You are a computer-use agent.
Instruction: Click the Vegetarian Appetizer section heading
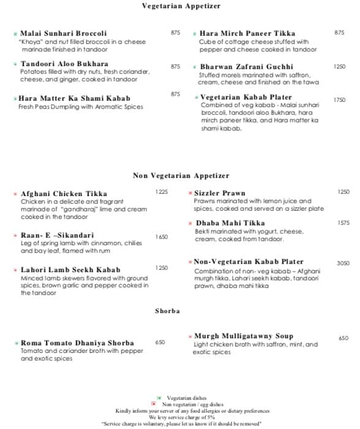181,6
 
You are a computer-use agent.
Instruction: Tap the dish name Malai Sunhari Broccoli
64,33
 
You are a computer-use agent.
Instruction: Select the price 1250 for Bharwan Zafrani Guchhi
339,66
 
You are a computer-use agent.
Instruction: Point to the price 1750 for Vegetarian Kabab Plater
339,99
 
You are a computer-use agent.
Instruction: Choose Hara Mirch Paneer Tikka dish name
239,33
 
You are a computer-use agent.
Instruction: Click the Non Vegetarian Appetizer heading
181,176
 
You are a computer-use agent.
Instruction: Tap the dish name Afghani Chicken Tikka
64,194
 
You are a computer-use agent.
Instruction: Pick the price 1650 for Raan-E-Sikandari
161,237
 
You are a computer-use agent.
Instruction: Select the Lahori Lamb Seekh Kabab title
70,270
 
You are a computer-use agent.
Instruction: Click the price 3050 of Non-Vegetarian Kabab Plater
343,263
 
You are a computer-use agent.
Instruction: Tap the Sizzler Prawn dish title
220,193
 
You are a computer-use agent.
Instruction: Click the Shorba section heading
167,311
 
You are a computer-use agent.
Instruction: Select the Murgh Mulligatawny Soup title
235,336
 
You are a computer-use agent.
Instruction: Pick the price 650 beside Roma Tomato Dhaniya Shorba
160,343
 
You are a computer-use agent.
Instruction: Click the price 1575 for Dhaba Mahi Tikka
343,223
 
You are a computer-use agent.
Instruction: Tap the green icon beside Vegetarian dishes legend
159,398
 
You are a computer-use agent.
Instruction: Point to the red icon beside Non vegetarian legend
153,404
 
